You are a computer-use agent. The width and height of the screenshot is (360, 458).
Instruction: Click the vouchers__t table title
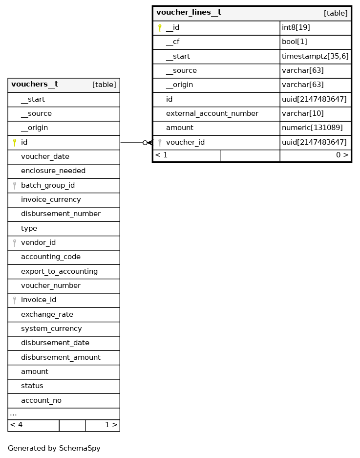35,85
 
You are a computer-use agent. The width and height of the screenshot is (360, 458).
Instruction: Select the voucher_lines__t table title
189,13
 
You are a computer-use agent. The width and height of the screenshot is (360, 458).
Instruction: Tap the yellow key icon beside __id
160,28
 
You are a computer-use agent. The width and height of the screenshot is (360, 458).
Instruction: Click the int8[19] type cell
296,28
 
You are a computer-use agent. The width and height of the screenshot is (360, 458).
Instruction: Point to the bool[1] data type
294,42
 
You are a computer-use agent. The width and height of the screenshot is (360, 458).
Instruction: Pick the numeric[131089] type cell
312,128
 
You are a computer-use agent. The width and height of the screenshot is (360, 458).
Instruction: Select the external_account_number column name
212,113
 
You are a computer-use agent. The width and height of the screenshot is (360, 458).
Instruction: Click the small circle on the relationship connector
145,143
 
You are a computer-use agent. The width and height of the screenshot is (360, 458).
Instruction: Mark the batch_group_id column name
48,185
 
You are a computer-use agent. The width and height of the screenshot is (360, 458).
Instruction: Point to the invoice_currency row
51,199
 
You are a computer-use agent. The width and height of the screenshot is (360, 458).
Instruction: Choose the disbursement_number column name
61,214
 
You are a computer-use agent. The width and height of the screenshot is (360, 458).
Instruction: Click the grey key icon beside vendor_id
15,242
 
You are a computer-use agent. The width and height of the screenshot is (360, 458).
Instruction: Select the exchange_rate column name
47,314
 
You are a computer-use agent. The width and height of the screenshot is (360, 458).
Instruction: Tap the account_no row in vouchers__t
41,400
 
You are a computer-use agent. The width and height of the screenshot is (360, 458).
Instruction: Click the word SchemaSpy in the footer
80,448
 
